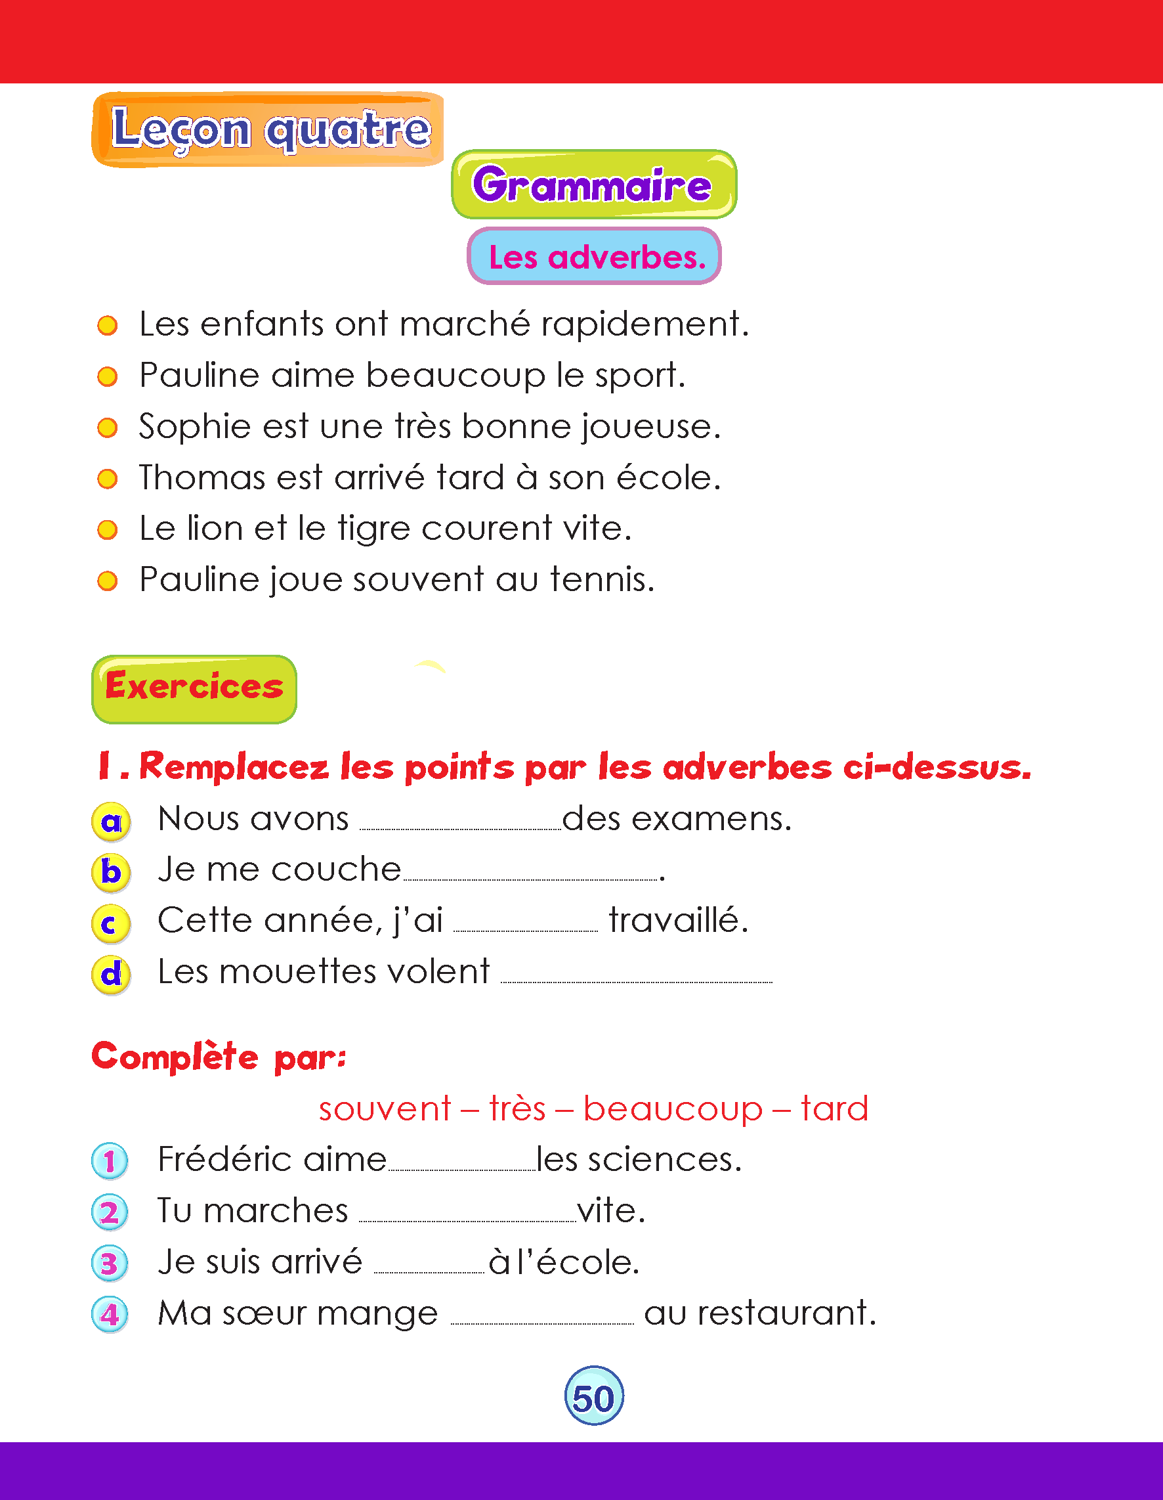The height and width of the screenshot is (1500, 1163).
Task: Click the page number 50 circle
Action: click(x=594, y=1396)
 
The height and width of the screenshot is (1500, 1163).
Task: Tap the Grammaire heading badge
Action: click(x=594, y=185)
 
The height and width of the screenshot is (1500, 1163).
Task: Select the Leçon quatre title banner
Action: click(x=268, y=129)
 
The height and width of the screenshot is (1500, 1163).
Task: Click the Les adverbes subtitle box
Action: click(x=594, y=256)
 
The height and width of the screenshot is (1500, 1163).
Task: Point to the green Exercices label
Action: click(x=194, y=688)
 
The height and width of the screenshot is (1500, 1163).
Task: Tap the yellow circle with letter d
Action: click(x=110, y=975)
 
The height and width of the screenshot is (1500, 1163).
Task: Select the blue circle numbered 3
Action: click(x=110, y=1263)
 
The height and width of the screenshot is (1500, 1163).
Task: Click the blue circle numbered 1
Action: click(x=110, y=1161)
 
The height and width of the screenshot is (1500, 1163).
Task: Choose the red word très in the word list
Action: click(x=517, y=1109)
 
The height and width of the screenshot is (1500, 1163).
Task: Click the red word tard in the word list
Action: click(x=834, y=1109)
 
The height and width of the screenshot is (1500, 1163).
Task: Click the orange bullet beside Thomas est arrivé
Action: click(x=107, y=478)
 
